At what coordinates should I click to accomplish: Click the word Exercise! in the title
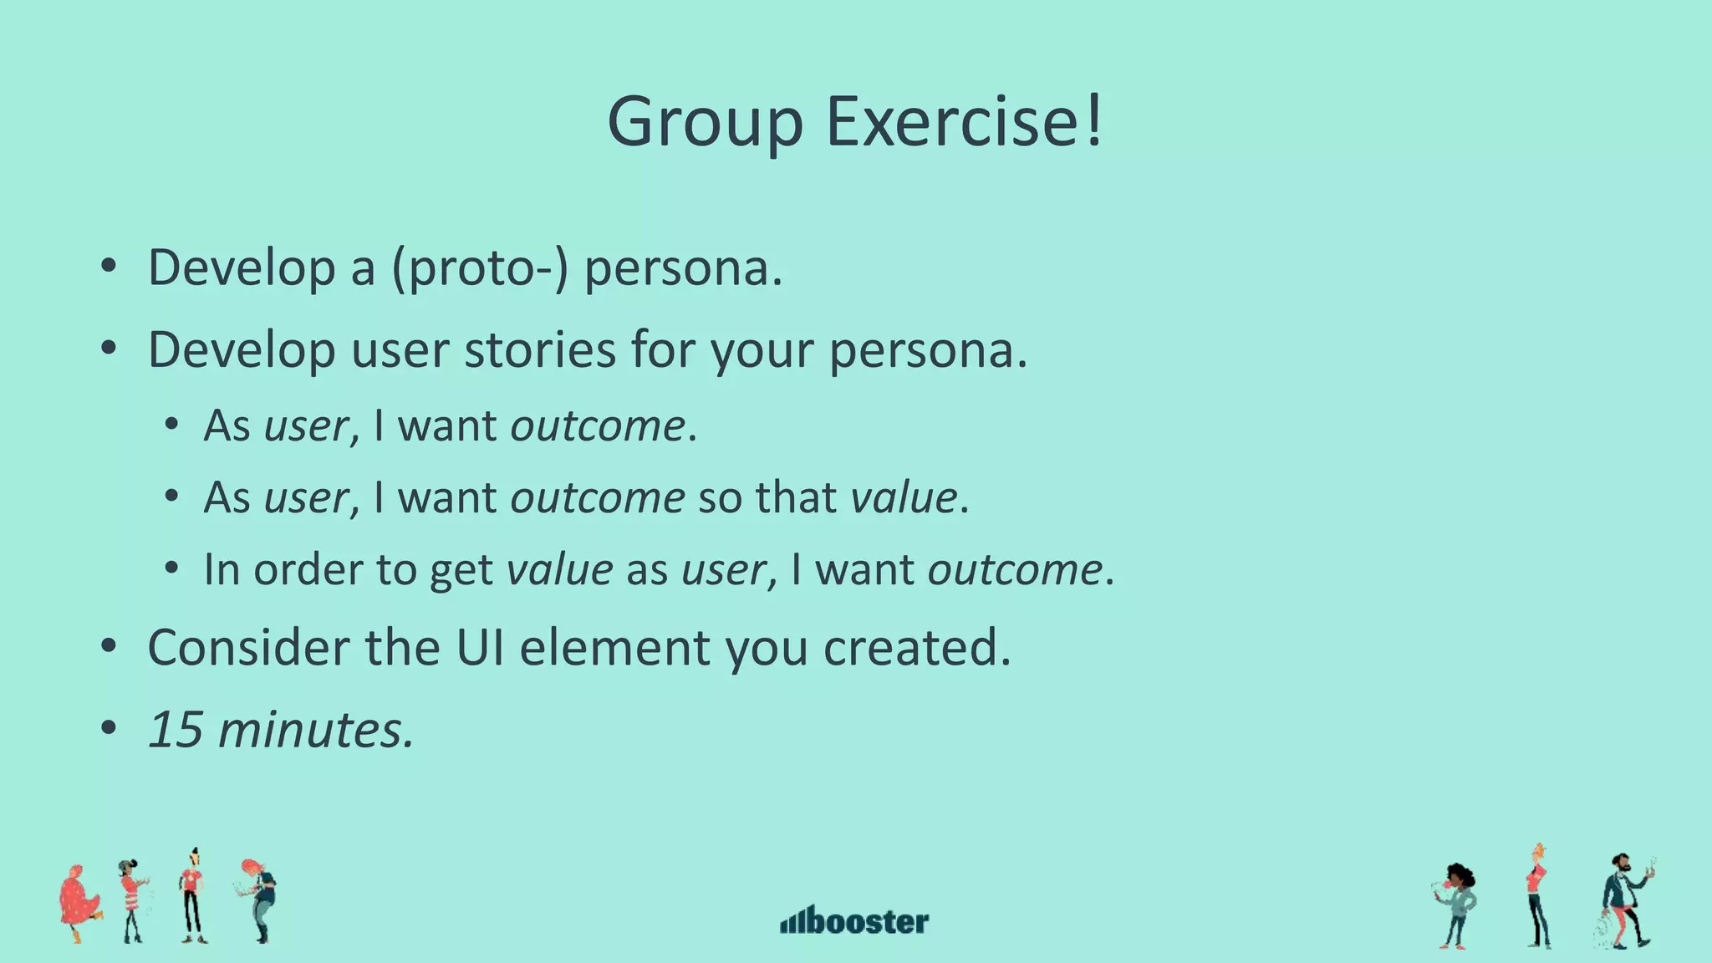[x=965, y=122]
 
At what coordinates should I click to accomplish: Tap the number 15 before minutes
[x=176, y=729]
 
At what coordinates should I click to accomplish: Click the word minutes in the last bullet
[x=315, y=729]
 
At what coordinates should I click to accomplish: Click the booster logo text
[x=869, y=921]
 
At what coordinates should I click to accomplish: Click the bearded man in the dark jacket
[x=1626, y=901]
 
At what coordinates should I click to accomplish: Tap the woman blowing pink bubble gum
[x=1457, y=906]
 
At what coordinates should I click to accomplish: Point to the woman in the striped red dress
[x=132, y=901]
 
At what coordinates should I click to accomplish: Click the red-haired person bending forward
[x=260, y=899]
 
